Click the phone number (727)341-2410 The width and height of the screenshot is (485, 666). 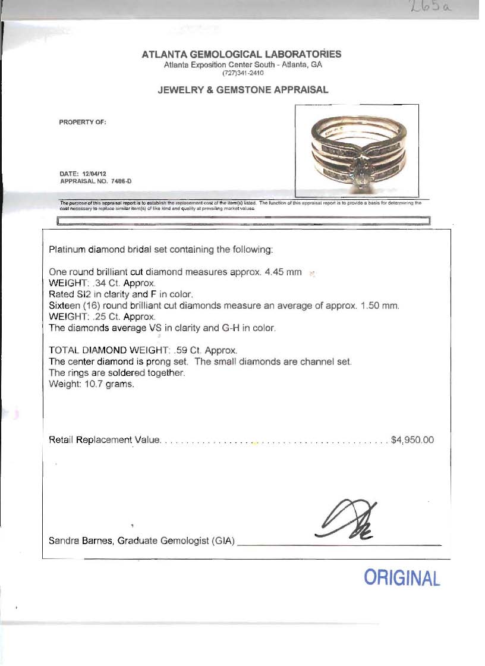pos(242,73)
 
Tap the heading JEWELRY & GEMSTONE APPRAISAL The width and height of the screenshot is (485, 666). pos(242,90)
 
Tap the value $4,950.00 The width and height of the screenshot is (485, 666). pos(412,440)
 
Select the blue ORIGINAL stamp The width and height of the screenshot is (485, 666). pos(402,577)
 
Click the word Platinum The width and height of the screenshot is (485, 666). pos(67,250)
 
